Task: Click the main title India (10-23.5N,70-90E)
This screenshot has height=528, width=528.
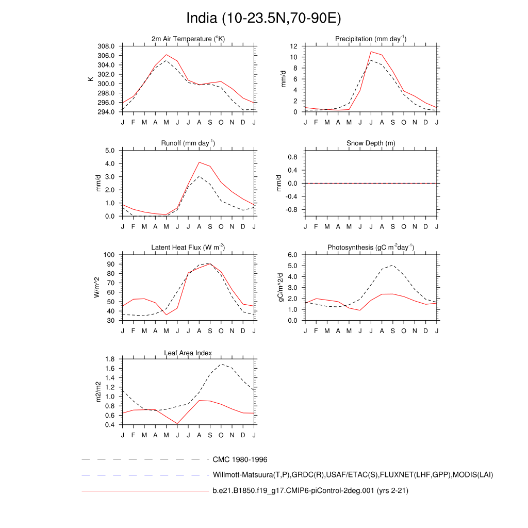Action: click(263, 19)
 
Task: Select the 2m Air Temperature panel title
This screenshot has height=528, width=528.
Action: click(188, 39)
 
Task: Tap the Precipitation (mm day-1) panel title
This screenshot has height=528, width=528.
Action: click(371, 39)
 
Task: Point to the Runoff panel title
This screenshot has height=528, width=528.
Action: click(188, 143)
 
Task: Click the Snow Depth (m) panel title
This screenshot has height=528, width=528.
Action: click(371, 143)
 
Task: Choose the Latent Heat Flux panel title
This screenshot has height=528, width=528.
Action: click(188, 247)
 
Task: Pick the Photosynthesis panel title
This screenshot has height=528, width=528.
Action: click(371, 247)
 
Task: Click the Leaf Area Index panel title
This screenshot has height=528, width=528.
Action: click(188, 353)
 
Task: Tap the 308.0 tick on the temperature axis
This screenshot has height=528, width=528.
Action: click(106, 46)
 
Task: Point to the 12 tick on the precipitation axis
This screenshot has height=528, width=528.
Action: click(294, 46)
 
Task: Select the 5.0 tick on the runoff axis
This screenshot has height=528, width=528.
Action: click(110, 151)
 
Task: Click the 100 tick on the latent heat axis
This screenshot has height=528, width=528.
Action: click(108, 255)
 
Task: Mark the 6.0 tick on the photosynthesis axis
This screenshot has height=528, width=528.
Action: click(292, 255)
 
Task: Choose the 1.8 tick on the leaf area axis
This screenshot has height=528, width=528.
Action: click(110, 359)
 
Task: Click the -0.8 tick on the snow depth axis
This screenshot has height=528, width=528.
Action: click(291, 210)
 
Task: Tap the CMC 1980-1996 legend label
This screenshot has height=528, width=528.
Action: click(240, 459)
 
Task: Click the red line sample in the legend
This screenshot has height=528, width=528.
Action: click(144, 491)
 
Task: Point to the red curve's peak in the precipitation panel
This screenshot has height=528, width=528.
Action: click(371, 52)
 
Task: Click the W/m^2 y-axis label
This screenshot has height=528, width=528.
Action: click(96, 287)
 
